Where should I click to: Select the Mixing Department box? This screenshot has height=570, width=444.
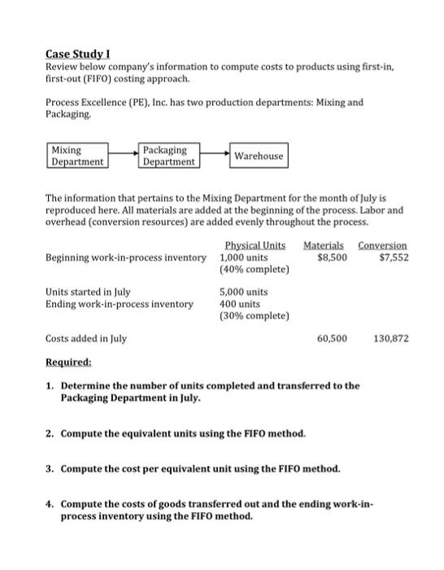[x=77, y=156]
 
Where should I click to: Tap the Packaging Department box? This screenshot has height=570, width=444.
[x=168, y=156]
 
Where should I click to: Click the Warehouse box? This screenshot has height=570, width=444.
[x=259, y=156]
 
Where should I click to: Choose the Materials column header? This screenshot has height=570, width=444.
[x=324, y=245]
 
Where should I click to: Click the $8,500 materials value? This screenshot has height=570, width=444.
[x=332, y=257]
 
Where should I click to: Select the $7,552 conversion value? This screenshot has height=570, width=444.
[x=394, y=257]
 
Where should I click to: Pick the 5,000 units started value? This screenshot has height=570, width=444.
[x=244, y=292]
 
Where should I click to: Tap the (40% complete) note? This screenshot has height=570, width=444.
[x=255, y=270]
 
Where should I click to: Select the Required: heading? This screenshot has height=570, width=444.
[x=68, y=361]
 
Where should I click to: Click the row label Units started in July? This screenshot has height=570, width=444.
[x=89, y=292]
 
